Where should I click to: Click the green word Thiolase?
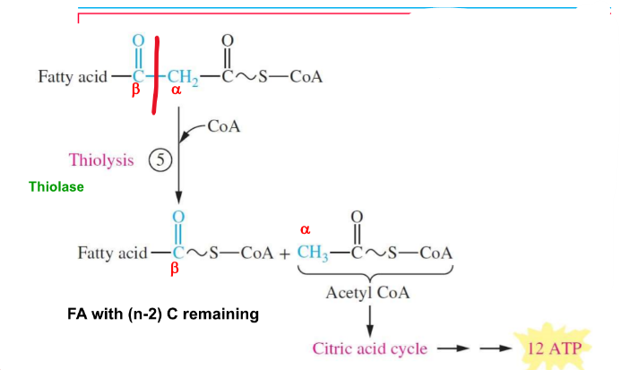coord(56,187)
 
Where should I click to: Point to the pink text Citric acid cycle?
coord(369,348)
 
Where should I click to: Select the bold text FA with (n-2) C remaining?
coord(163,314)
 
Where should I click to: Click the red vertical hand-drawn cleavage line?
coord(156,75)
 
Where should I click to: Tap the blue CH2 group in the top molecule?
coord(181,77)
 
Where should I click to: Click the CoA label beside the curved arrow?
coord(223,125)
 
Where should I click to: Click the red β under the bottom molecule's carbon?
coord(176,268)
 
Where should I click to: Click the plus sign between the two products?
coord(284,253)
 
